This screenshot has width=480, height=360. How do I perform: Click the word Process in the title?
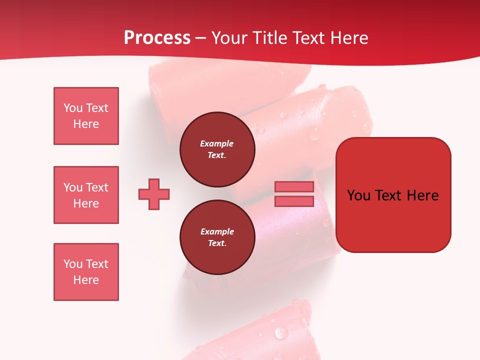(x=157, y=38)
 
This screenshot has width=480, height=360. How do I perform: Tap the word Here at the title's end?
(x=348, y=38)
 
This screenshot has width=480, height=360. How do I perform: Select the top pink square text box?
(x=86, y=116)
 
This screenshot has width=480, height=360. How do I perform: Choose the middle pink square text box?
(x=86, y=195)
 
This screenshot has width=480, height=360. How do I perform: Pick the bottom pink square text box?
(x=86, y=272)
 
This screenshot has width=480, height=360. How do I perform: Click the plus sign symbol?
(x=154, y=194)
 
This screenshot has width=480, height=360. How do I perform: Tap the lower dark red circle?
(x=217, y=237)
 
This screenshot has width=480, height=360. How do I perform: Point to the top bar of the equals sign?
(x=294, y=186)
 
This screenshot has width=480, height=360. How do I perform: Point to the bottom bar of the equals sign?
(x=294, y=201)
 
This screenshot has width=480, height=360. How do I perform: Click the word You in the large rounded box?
(x=358, y=195)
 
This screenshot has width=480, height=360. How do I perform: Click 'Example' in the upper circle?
(x=217, y=143)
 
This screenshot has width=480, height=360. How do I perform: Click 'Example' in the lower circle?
(x=217, y=231)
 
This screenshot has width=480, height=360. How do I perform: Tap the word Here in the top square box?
(x=86, y=124)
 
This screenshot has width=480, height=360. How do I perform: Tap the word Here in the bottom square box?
(x=86, y=280)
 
